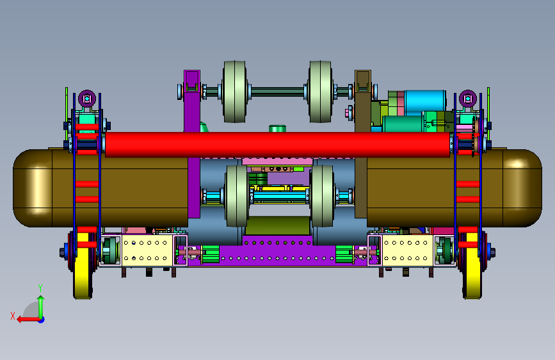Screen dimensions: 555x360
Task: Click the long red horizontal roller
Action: [x=278, y=145]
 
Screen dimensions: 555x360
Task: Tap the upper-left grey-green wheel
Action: [x=234, y=92]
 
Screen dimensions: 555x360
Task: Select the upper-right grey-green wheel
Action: [x=320, y=92]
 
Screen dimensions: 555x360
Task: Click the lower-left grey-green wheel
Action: [x=236, y=196]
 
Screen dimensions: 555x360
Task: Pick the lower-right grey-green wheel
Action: [x=322, y=196]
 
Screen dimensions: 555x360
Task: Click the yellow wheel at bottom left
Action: [x=83, y=265]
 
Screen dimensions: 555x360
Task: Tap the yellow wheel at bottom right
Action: [x=472, y=265]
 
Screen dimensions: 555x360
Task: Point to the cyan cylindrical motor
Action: [x=425, y=102]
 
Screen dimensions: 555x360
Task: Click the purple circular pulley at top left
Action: [x=87, y=99]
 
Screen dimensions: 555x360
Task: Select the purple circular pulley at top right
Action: [x=468, y=99]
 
